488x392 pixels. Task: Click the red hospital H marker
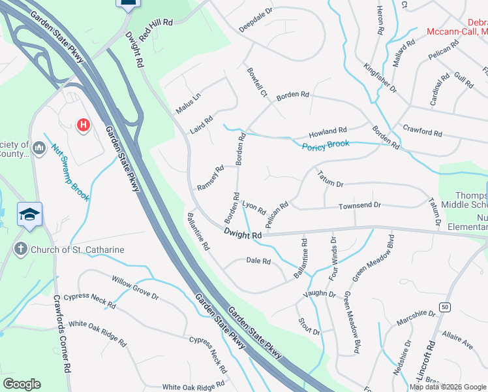[x=83, y=124]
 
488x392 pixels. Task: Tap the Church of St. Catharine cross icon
[x=21, y=249]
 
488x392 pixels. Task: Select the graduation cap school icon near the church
[x=30, y=215]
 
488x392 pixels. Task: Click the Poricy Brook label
[x=326, y=144]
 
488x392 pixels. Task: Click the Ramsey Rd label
[x=210, y=177]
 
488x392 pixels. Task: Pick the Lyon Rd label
[x=254, y=208]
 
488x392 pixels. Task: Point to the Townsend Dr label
[x=359, y=206]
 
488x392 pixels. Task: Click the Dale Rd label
[x=258, y=261]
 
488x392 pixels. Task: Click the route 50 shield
[x=446, y=307]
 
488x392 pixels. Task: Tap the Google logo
[x=22, y=384]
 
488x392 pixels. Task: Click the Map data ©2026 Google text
[x=448, y=387]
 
